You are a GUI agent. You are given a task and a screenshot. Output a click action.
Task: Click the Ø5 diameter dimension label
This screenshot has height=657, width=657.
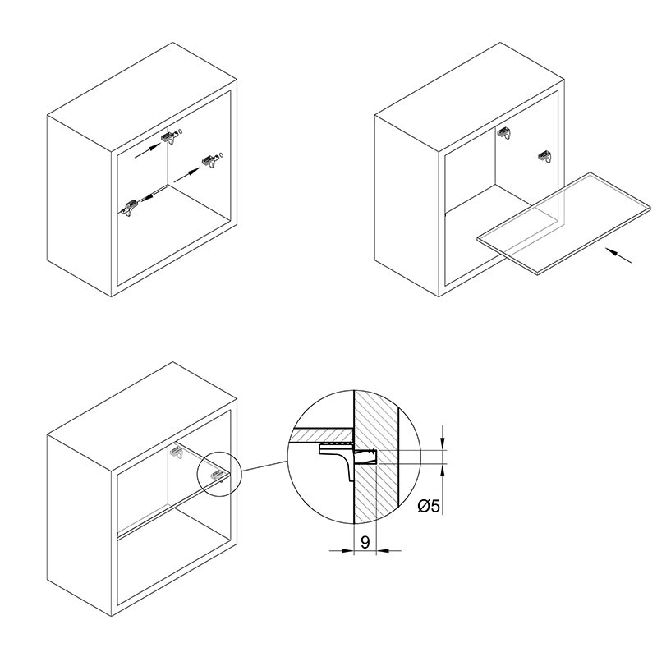point(429,506)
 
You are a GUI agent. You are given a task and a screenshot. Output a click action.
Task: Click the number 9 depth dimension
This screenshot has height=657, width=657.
point(365,542)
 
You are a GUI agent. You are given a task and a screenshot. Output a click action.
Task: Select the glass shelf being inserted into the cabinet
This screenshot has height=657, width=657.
point(564,223)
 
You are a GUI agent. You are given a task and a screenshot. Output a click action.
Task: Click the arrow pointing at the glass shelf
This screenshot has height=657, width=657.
point(618,255)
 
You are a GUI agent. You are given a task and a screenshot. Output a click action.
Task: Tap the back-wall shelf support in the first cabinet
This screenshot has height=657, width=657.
point(170,137)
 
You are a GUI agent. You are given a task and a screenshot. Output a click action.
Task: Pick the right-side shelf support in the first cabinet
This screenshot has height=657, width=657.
point(211,161)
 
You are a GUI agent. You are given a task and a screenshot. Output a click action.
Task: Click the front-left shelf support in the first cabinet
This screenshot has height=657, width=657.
point(130,208)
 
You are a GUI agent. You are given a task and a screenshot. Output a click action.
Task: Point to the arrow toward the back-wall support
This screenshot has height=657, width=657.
point(148,151)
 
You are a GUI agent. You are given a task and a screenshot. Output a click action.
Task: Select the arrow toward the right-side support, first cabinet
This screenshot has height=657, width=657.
point(187,175)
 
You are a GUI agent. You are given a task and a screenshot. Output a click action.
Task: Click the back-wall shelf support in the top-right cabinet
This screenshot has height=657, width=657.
point(505,134)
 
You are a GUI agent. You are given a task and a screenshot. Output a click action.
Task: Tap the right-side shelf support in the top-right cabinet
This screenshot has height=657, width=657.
point(544,156)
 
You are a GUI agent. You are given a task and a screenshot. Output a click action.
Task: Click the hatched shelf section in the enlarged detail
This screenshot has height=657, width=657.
point(320,435)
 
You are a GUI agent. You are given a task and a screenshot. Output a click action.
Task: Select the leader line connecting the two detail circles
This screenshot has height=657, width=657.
point(264,466)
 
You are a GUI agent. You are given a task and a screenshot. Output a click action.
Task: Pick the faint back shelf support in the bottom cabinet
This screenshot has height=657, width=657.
point(177,452)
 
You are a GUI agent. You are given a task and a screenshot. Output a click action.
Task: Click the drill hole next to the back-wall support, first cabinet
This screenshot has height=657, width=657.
point(181,131)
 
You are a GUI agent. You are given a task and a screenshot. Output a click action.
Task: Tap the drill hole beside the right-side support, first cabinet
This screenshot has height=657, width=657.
point(221,154)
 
